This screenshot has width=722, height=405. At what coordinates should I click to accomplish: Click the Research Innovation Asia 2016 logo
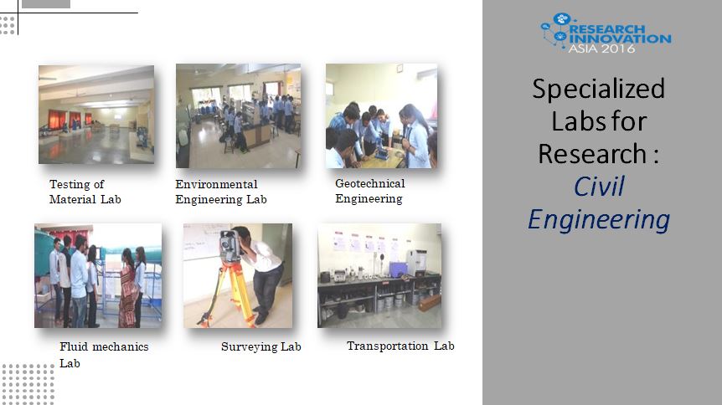click(606, 33)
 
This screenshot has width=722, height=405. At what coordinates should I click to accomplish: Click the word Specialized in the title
click(599, 89)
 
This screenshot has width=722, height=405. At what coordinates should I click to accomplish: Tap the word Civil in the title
click(599, 187)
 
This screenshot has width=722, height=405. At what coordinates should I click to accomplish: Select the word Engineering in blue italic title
click(599, 219)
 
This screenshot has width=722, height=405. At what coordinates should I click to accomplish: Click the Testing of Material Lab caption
click(85, 192)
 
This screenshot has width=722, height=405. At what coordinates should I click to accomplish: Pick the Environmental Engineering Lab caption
click(221, 192)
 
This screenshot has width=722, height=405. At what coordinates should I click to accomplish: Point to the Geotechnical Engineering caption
click(369, 191)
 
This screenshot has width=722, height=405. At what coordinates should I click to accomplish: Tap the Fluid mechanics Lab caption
click(104, 355)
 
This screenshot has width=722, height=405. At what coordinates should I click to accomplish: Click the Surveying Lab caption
click(261, 346)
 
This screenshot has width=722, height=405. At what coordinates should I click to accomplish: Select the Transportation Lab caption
click(400, 346)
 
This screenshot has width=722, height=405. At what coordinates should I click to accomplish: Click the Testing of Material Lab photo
click(96, 115)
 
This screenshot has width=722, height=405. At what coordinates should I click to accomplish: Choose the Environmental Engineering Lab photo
click(238, 115)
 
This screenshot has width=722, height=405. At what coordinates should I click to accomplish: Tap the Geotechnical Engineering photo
click(381, 115)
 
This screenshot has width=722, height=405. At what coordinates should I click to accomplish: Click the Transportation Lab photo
click(379, 275)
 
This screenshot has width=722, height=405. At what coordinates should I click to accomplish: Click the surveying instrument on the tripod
click(229, 245)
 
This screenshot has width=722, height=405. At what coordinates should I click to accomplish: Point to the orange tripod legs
click(227, 294)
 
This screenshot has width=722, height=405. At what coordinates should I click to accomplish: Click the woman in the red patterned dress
click(127, 289)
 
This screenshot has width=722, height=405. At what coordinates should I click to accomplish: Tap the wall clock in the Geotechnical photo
click(400, 68)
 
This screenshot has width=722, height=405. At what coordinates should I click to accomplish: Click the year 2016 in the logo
click(618, 49)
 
